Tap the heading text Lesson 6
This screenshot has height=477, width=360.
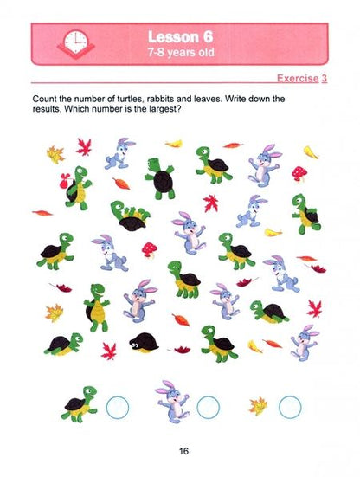click(x=181, y=37)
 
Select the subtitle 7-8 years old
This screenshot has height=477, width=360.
click(x=181, y=52)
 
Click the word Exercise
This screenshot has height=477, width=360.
click(x=298, y=78)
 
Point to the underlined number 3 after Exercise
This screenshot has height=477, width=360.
click(x=325, y=78)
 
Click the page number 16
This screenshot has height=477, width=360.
click(x=183, y=451)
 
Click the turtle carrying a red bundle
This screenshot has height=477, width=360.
click(x=76, y=188)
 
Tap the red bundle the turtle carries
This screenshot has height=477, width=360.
click(x=65, y=181)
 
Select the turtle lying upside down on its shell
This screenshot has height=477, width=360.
click(x=130, y=216)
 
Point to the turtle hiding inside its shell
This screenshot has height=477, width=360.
click(x=144, y=343)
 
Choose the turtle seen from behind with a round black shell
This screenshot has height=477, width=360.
click(x=160, y=178)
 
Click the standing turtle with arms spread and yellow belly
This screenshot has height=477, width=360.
click(x=97, y=307)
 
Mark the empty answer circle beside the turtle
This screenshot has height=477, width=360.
click(x=118, y=408)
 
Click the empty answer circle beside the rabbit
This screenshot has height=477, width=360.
click(x=208, y=408)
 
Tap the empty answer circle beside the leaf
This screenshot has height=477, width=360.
click(x=290, y=408)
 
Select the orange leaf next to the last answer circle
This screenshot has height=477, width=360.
click(x=258, y=406)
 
